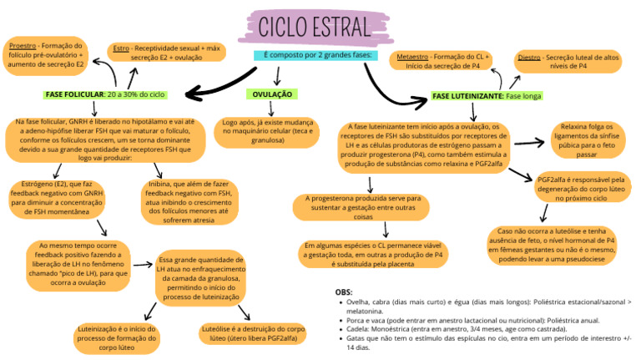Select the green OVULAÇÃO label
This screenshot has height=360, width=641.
[274, 95]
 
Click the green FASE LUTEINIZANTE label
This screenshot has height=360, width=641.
[487, 97]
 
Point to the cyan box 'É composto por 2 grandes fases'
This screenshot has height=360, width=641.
[315, 55]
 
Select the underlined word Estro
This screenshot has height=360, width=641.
[121, 48]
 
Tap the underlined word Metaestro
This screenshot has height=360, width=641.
[412, 57]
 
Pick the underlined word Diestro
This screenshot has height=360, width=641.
[528, 57]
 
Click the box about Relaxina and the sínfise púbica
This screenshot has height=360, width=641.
[586, 140]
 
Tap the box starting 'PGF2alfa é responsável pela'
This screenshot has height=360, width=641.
[581, 190]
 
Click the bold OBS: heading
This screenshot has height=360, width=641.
[343, 292]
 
